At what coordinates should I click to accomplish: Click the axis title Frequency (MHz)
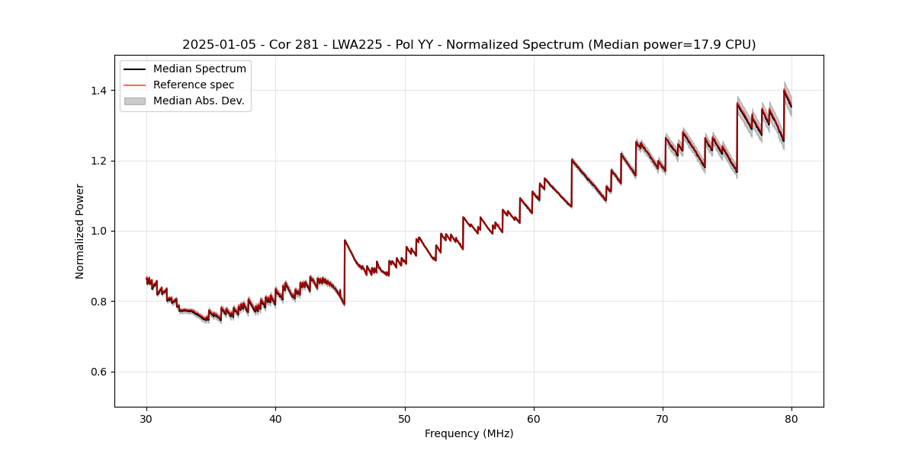(x=469, y=433)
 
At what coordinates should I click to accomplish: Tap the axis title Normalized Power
(x=80, y=231)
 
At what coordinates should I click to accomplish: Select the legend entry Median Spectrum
(x=200, y=69)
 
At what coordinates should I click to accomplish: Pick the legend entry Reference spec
(x=194, y=85)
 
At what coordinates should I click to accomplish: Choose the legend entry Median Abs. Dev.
(x=199, y=101)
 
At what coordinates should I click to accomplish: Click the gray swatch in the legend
(x=135, y=101)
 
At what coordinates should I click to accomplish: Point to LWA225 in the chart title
(x=357, y=45)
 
